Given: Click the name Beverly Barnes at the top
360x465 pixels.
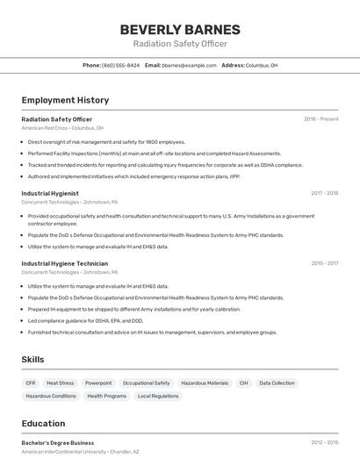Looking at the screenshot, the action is [180, 30].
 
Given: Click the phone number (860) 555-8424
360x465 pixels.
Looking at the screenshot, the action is [120, 65].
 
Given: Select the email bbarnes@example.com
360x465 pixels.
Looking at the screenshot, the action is [189, 65].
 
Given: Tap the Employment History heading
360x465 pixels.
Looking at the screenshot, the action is [65, 101].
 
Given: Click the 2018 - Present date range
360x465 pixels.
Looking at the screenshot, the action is [320, 119].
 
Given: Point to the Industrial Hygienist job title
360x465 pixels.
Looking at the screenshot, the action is [50, 193].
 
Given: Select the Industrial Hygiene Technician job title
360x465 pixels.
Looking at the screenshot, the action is [65, 263].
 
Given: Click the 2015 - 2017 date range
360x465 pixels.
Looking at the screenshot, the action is [324, 263].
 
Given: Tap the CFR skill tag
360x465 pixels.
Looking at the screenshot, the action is [31, 383].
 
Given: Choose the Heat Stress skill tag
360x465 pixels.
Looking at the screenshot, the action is [60, 383].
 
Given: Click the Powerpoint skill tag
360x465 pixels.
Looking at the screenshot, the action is [98, 383].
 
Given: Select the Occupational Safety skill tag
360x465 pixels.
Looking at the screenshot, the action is [146, 383].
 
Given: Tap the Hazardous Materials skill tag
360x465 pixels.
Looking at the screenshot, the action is [205, 383].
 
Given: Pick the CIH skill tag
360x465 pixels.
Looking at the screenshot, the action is [243, 383].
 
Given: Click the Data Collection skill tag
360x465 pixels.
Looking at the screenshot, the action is [277, 383].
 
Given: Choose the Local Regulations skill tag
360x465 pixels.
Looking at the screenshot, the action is [158, 397].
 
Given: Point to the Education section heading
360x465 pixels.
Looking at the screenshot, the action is [43, 424].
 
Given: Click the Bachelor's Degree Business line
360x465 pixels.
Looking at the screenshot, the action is [58, 443].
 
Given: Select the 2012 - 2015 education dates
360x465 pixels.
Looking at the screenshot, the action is [324, 443].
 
